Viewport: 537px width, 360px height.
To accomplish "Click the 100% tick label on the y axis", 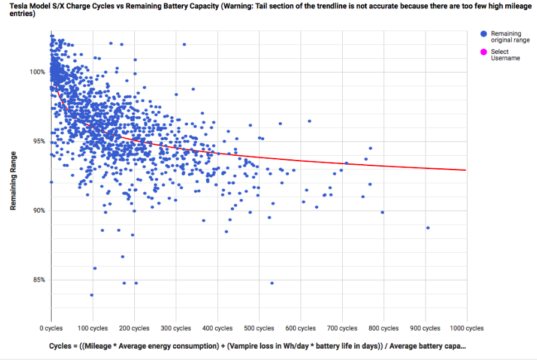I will [38, 72].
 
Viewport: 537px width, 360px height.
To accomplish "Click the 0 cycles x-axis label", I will [51, 328].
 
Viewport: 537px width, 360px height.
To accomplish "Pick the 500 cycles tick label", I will [258, 328].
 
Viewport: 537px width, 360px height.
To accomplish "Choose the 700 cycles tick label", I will [342, 328].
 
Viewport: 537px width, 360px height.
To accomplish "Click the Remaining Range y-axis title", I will [13, 180].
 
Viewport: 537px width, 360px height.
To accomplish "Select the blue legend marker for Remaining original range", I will [483, 34].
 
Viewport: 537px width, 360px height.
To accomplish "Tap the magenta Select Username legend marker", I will [483, 52].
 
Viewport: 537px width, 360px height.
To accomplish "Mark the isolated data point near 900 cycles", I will [428, 228].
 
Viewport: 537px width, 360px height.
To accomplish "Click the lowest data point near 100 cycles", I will [92, 295].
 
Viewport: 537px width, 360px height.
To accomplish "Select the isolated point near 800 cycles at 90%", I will [382, 212].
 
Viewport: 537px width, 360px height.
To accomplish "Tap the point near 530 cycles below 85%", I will [272, 283].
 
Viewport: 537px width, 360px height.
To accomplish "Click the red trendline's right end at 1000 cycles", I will [466, 170].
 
